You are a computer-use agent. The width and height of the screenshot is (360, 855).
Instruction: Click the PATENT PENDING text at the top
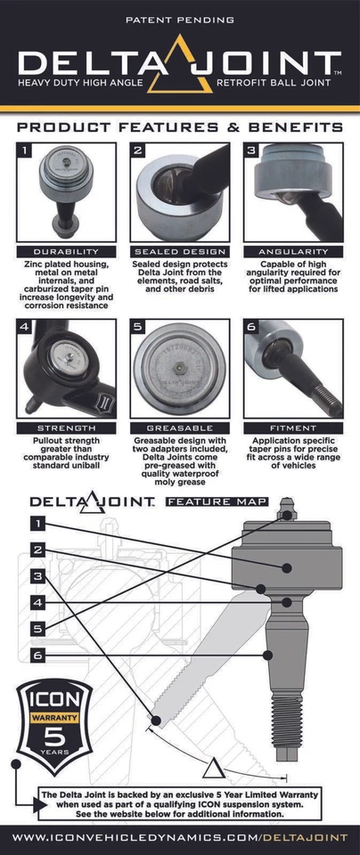pos(180,19)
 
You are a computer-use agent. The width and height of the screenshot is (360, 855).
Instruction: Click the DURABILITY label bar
pos(66,251)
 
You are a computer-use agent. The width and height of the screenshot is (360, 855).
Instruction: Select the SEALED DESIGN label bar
pos(179,251)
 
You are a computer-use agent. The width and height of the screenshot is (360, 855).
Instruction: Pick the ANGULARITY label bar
pos(292,251)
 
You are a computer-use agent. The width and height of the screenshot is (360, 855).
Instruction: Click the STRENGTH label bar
pos(66,428)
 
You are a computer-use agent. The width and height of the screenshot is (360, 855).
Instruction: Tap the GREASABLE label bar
pos(179,428)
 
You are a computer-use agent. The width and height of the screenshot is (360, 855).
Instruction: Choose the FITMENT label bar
pos(292,428)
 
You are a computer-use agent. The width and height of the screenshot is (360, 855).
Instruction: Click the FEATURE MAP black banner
pos(216,502)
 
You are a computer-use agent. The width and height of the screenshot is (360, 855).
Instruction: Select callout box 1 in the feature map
pos(37,524)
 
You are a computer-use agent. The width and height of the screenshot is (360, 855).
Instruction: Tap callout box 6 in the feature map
pos(37,655)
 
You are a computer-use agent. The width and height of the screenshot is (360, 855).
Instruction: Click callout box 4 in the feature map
pos(37,603)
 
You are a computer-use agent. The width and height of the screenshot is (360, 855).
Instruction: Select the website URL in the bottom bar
pos(180,838)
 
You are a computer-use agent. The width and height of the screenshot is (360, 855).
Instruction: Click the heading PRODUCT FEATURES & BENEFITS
pos(180,127)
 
